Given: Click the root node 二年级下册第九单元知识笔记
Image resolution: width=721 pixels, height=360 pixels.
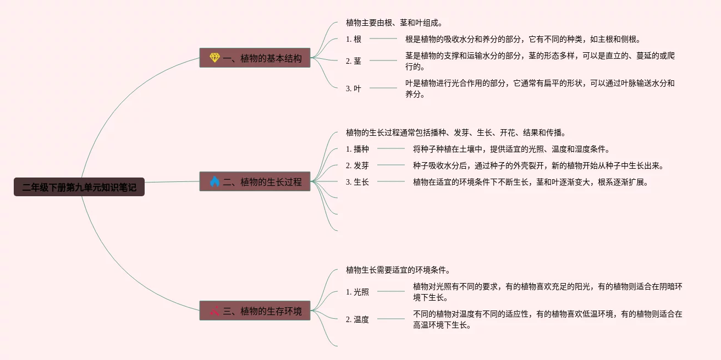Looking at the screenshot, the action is tap(79, 187).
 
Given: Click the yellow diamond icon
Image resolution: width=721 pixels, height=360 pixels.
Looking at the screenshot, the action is tap(214, 58).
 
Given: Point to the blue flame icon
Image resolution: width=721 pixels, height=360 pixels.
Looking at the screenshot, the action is tap(214, 181).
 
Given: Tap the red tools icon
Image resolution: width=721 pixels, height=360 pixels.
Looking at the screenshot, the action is tap(214, 311).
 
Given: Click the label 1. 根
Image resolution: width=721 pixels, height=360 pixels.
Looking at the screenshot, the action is tap(354, 39).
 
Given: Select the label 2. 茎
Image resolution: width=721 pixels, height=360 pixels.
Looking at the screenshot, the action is tap(354, 61).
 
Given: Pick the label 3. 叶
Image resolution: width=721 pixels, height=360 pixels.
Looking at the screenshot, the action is tap(354, 88).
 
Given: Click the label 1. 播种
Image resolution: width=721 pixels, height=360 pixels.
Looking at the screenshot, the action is tap(357, 149).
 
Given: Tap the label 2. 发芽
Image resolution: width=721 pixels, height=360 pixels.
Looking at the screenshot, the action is tap(357, 165).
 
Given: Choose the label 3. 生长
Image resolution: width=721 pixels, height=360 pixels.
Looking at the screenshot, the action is tap(357, 182).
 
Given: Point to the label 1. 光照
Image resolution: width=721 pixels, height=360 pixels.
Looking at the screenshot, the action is tap(357, 292).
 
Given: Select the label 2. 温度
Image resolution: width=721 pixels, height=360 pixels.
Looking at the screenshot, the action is tap(357, 319).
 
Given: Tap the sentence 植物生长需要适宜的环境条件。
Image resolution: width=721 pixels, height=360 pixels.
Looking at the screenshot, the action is tap(398, 270).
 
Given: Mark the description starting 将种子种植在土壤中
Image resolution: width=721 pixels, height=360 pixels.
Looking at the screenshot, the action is tap(511, 149).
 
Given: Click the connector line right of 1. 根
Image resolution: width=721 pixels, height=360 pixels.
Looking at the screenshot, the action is tap(383, 38).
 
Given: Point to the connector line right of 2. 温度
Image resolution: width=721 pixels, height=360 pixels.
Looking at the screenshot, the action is tap(390, 319).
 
